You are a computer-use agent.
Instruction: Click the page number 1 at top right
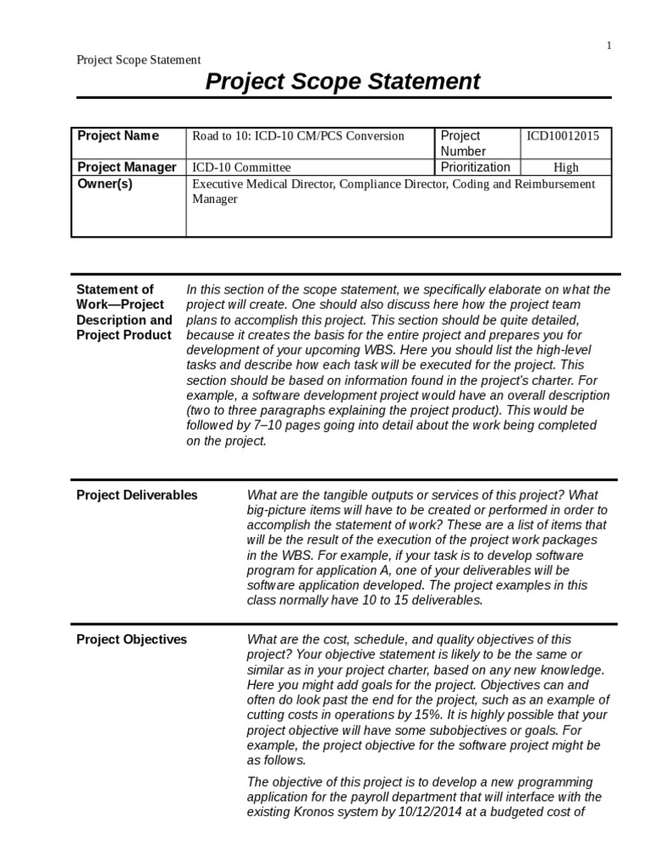(x=609, y=46)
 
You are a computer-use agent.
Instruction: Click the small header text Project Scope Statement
(x=139, y=60)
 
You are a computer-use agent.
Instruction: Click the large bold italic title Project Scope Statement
(x=344, y=82)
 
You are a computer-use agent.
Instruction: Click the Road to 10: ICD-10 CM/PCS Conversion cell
(x=298, y=135)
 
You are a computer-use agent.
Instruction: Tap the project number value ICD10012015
(x=563, y=135)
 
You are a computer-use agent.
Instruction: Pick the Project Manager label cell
(x=127, y=167)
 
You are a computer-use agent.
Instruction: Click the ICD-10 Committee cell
(x=241, y=167)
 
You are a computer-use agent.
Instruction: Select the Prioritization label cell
(x=476, y=167)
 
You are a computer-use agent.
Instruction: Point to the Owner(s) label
(x=105, y=184)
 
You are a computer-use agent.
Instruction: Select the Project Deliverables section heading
(x=137, y=495)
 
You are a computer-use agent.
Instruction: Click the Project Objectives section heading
(x=132, y=639)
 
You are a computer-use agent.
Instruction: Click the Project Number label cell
(x=461, y=143)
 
